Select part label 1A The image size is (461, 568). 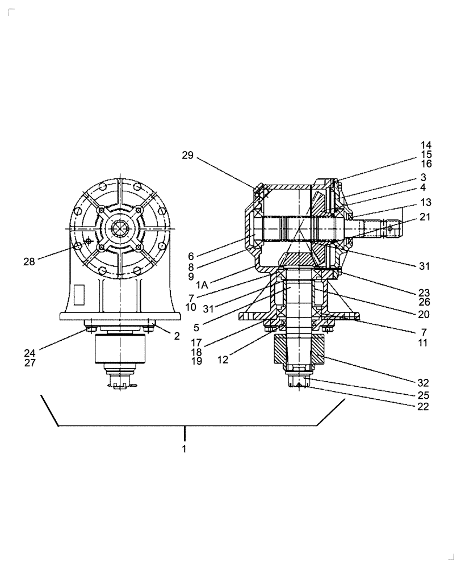(202, 285)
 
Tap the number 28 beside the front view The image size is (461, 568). (29, 261)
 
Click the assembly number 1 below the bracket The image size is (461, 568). (184, 448)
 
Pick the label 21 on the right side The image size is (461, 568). (425, 217)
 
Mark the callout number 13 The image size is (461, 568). (426, 203)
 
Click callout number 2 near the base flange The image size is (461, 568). (177, 336)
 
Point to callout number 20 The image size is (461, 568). (424, 314)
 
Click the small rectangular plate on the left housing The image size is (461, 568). (79, 294)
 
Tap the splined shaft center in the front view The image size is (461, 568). (120, 228)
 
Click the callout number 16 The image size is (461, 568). (426, 164)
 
